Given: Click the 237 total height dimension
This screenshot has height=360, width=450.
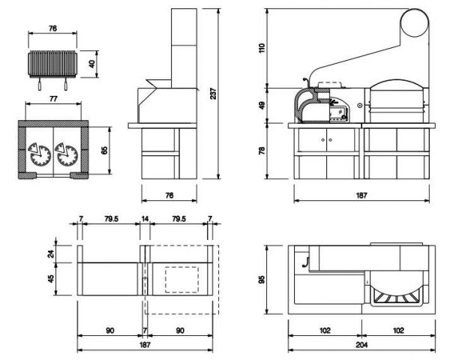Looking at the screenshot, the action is [x=214, y=94].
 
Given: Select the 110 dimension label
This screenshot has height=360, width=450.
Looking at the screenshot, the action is [x=262, y=48].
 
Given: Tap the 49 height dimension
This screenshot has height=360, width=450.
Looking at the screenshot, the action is [x=262, y=104].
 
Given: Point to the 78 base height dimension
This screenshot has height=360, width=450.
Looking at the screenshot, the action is [x=262, y=150].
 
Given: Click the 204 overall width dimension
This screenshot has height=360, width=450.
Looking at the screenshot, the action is [x=361, y=345].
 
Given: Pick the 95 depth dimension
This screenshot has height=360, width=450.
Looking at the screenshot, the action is [x=262, y=280].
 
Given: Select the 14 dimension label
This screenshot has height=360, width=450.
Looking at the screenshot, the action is [x=145, y=219].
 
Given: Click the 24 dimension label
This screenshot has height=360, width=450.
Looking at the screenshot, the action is [x=51, y=253].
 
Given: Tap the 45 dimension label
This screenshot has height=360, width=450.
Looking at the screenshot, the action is [x=51, y=278].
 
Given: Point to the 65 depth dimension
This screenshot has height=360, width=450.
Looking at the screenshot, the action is [x=104, y=150].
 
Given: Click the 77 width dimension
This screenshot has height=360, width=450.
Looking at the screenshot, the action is [x=53, y=99].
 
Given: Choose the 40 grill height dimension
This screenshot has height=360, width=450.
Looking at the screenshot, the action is [x=91, y=64].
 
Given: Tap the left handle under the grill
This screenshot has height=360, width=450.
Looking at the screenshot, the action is [x=40, y=85].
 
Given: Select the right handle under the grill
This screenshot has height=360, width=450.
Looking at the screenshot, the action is [x=66, y=85].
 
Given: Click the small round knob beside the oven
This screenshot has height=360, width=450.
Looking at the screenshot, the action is [x=359, y=105].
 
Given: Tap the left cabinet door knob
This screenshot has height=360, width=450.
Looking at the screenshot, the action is [x=323, y=139].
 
